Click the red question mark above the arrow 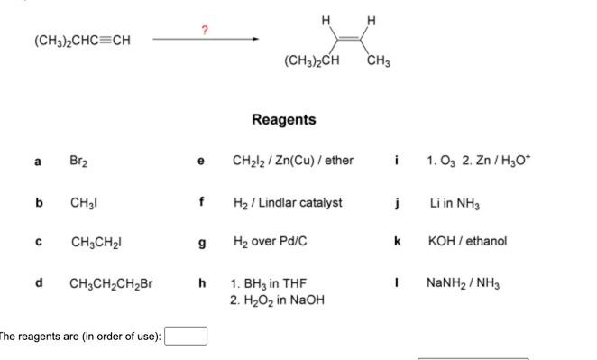click(x=205, y=31)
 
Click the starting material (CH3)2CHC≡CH click(x=77, y=40)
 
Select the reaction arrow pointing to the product click(x=207, y=40)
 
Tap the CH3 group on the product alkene click(x=380, y=61)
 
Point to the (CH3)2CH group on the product click(x=310, y=61)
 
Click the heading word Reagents click(x=283, y=119)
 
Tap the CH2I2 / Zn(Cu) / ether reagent click(x=293, y=162)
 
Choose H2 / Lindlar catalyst click(x=287, y=203)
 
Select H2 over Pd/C click(x=269, y=243)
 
